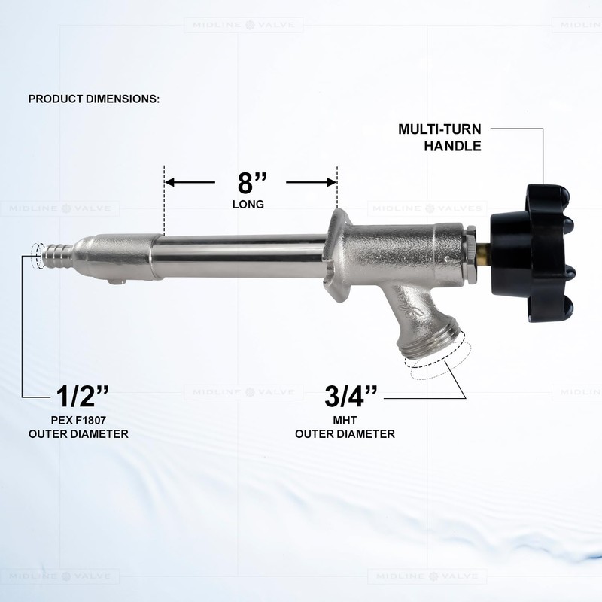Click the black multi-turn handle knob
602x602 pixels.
532,254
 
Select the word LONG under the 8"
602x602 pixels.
248,204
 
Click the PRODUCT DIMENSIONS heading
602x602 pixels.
94,99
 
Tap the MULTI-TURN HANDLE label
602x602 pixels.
439,138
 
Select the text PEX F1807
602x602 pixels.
78,420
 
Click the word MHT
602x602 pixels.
345,420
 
